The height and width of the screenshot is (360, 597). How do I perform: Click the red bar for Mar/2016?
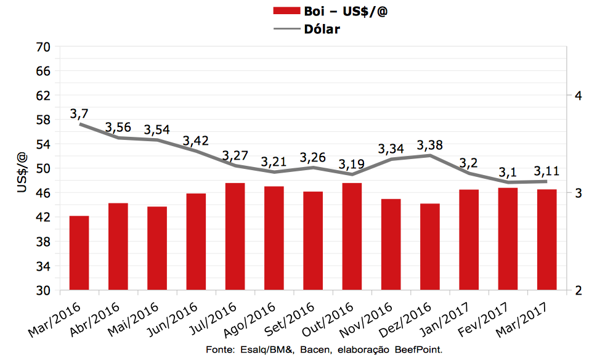click(79, 253)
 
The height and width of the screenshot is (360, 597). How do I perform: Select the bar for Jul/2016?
click(235, 236)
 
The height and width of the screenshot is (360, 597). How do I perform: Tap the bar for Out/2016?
click(352, 236)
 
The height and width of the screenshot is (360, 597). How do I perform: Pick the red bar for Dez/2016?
click(429, 247)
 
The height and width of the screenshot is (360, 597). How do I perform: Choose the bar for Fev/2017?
click(508, 239)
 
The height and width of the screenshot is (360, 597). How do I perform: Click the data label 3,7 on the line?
click(79, 114)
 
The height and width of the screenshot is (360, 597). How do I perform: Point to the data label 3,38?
click(429, 145)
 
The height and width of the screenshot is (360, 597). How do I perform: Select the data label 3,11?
click(546, 171)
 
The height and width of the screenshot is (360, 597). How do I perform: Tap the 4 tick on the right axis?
click(577, 96)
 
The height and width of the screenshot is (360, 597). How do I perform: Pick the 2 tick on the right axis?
click(577, 290)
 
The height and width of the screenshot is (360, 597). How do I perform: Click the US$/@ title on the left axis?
click(22, 173)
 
